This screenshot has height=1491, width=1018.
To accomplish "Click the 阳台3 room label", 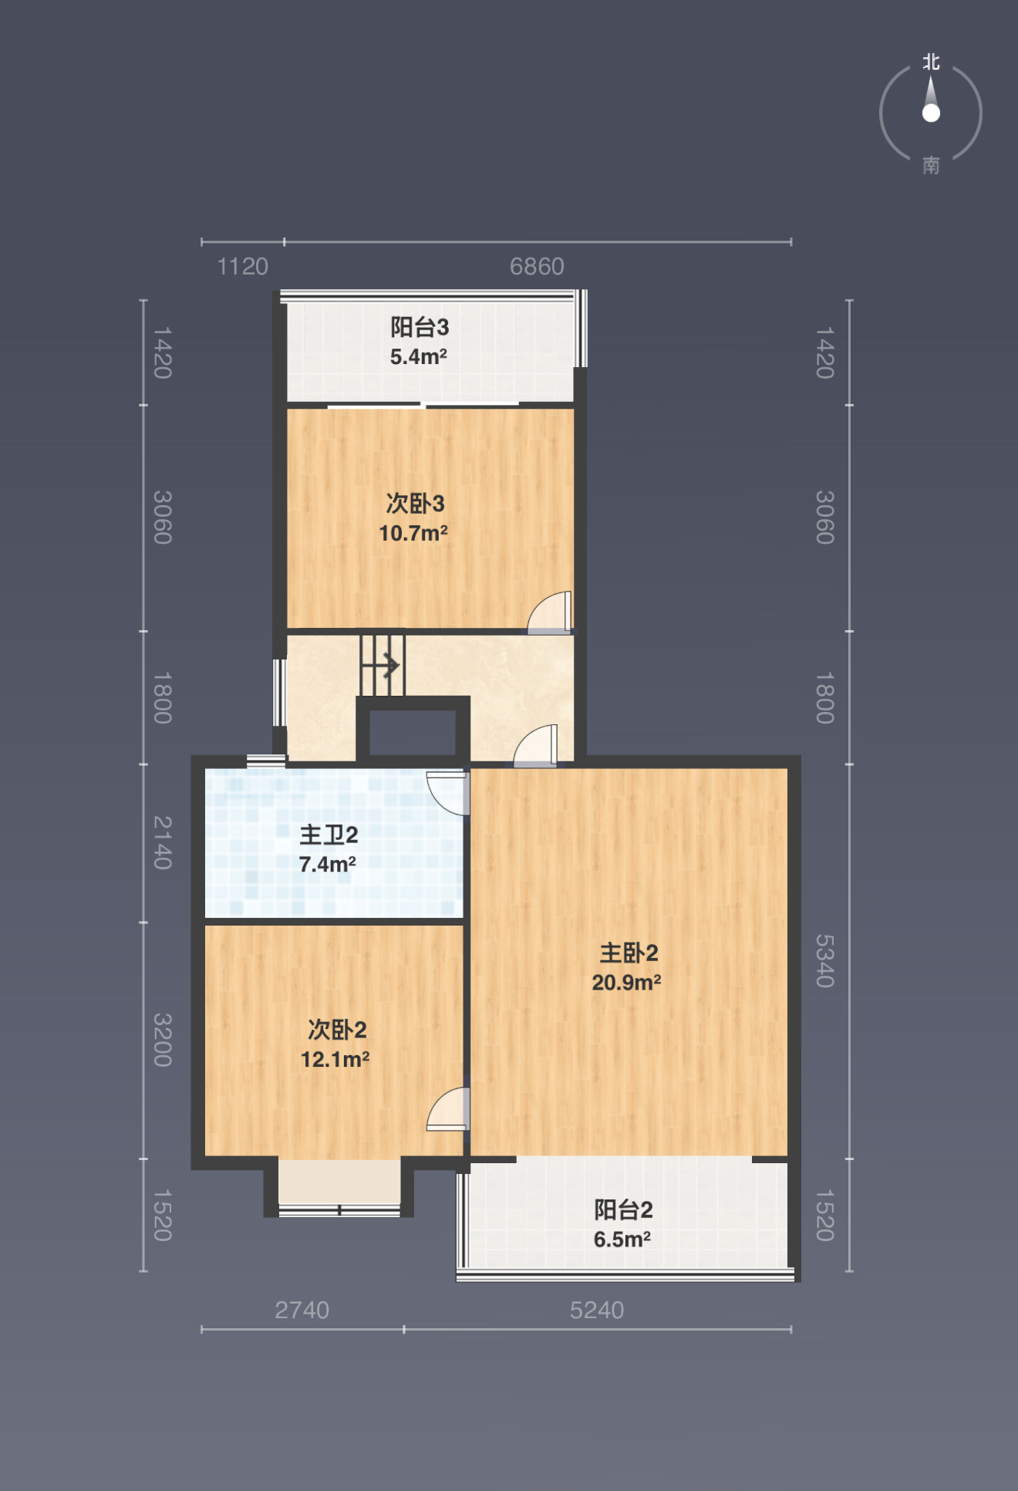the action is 420,327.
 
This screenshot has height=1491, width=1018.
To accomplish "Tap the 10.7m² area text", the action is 413,533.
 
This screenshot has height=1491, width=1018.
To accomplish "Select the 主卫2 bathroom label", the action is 329,835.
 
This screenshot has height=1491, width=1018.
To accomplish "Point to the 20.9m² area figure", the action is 626,982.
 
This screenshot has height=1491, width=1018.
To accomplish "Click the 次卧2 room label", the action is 337,1029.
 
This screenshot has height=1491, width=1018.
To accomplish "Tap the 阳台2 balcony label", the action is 623,1209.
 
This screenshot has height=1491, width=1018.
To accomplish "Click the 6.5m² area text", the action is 622,1240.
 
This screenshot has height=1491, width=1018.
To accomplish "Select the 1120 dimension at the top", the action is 243,267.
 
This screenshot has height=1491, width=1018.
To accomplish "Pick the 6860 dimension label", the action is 537,267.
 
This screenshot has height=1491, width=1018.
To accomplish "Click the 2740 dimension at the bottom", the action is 302,1310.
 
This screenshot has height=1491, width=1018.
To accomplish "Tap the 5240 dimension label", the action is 597,1310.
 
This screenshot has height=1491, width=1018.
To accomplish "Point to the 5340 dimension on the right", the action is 825,961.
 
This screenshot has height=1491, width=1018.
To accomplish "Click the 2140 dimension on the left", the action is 162,842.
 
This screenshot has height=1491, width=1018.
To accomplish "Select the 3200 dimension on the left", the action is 162,1040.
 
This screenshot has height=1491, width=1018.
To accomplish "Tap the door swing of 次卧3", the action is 550,612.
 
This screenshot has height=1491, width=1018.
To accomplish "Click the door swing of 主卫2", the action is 448,793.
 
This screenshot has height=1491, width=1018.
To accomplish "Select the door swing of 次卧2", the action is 448,1109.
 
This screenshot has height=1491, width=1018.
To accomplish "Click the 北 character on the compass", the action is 931,62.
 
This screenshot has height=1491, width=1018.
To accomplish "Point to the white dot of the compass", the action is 931,113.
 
